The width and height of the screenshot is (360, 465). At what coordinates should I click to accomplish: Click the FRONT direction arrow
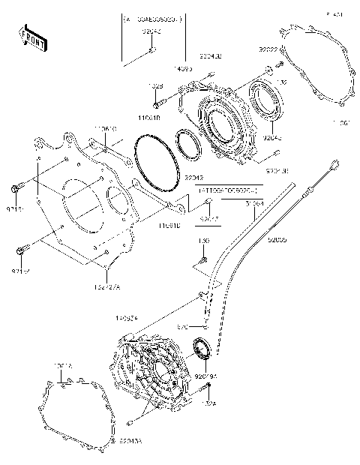click(x=32, y=37)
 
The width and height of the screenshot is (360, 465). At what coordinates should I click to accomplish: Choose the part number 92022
click(x=269, y=49)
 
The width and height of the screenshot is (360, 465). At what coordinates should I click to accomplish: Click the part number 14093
click(x=181, y=68)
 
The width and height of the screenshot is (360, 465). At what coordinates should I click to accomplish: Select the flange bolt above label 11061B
click(x=159, y=100)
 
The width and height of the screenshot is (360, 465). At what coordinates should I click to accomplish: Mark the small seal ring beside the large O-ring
click(x=187, y=144)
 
